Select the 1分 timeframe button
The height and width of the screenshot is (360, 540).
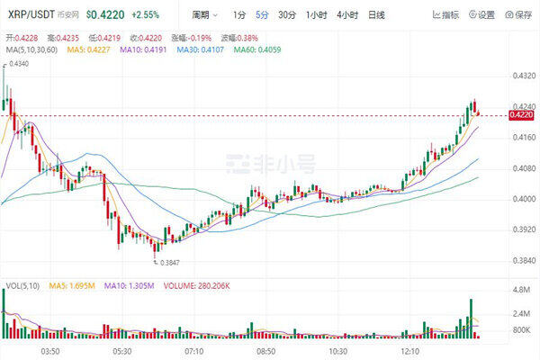238,15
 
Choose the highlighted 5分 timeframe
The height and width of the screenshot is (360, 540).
261,15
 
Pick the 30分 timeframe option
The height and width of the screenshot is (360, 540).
286,15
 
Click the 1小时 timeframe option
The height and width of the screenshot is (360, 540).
316,15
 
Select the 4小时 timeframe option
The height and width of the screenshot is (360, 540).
346,15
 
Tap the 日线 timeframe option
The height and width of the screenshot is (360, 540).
376,15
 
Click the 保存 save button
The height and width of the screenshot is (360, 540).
518,15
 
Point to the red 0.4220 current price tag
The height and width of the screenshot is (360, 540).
522,115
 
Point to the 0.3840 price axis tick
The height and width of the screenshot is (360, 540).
522,260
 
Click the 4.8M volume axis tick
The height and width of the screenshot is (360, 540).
521,291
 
